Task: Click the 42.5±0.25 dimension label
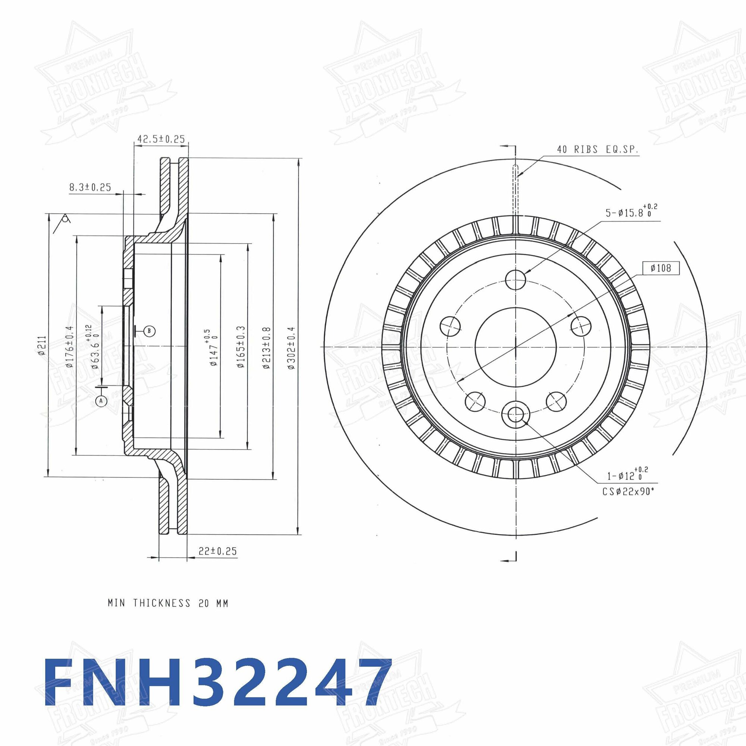pos(162,139)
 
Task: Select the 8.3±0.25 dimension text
pos(90,188)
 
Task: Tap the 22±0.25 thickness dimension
pos(217,551)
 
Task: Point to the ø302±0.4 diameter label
pos(292,349)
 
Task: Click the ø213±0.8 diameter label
pos(266,349)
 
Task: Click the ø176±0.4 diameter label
pos(69,347)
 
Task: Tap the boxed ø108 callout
pos(661,268)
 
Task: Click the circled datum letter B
pos(150,330)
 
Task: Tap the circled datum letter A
pos(101,401)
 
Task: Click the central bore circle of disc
pos(516,347)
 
